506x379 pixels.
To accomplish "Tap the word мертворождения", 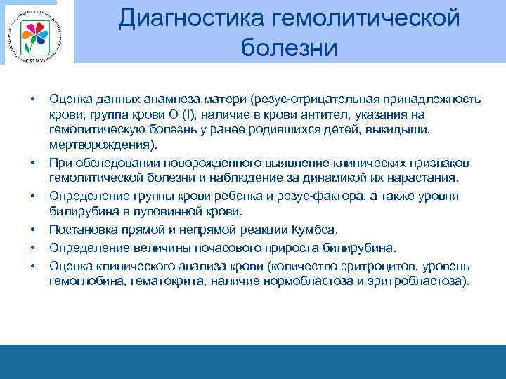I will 101,145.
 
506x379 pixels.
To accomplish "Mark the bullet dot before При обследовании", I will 32,162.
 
